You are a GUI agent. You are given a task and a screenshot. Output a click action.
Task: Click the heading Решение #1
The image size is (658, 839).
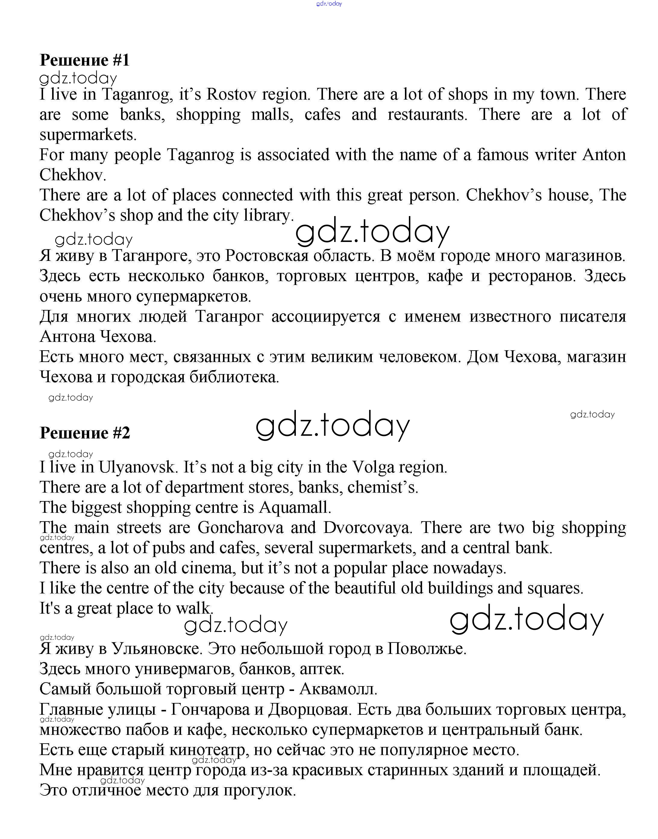(x=85, y=60)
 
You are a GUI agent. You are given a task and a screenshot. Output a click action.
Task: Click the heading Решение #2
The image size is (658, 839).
(x=85, y=433)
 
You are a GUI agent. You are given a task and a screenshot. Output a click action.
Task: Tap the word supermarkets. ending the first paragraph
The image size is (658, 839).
(x=88, y=135)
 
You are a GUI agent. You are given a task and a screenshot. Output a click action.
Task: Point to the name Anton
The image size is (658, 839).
(x=604, y=155)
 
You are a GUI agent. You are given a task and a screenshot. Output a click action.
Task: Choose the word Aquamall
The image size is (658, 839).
(x=295, y=508)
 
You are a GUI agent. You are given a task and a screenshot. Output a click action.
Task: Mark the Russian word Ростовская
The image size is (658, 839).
(x=267, y=256)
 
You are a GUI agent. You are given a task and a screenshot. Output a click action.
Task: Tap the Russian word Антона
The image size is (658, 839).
(x=67, y=337)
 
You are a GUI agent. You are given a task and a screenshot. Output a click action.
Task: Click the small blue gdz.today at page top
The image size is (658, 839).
(x=329, y=4)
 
